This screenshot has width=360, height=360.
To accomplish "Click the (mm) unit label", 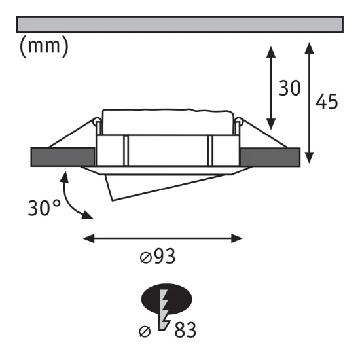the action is click(x=44, y=46).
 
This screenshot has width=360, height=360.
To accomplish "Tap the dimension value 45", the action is click(x=327, y=101).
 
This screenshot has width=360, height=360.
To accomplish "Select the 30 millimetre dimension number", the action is click(x=289, y=88).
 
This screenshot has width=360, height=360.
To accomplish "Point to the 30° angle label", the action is click(x=45, y=207).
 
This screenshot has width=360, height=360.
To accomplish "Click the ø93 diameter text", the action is click(x=158, y=256).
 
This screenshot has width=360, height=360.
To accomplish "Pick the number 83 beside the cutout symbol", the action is click(x=185, y=330).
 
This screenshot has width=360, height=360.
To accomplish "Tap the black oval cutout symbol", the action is click(x=166, y=298).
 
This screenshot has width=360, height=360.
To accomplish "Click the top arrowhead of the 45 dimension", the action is click(x=309, y=48).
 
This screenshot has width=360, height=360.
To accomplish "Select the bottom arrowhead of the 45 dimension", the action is click(x=309, y=158).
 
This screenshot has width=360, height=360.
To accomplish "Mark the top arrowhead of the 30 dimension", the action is click(x=271, y=52).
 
